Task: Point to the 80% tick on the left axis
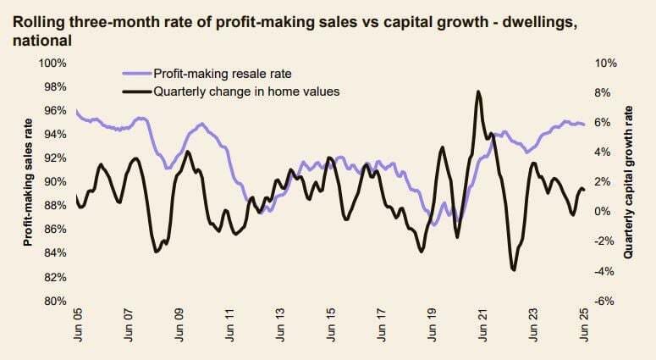point(53,301)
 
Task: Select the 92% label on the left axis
point(53,158)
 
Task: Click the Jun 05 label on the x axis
point(78,328)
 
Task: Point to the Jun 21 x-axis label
point(483,328)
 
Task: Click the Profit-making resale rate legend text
point(223,75)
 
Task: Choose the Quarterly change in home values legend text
point(246,91)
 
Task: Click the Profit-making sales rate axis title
point(28,182)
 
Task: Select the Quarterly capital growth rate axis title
point(629,182)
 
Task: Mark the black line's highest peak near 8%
point(479,91)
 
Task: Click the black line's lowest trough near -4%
point(514,270)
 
